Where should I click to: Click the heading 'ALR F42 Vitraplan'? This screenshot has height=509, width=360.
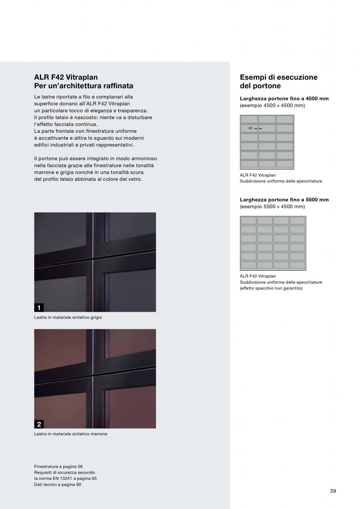point(66,77)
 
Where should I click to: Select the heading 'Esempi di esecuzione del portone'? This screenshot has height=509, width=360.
point(279,81)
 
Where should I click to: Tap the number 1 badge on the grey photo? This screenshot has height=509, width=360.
point(39,307)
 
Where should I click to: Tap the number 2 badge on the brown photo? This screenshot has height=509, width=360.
point(39,424)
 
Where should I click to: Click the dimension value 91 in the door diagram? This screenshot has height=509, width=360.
point(251,128)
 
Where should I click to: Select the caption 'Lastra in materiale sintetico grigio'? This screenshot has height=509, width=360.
point(68,317)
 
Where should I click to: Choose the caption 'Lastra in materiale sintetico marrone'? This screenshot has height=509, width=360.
point(71,434)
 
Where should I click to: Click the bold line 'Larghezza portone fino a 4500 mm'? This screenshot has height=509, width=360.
point(284,99)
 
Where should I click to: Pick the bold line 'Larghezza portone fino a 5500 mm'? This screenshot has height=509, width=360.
point(284,200)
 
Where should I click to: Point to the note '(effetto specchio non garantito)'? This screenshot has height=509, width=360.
point(271,288)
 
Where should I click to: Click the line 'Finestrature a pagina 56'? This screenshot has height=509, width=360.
point(58,467)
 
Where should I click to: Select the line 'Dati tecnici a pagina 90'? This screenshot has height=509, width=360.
point(58,485)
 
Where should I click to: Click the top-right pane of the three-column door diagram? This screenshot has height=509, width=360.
point(285,120)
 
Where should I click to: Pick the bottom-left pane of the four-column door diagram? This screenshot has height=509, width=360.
point(248,265)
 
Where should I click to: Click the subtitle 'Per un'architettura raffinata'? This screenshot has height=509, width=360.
point(84,86)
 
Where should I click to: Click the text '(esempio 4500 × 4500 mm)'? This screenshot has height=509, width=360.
point(272,105)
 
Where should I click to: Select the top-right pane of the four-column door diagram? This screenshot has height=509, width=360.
point(297,220)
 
